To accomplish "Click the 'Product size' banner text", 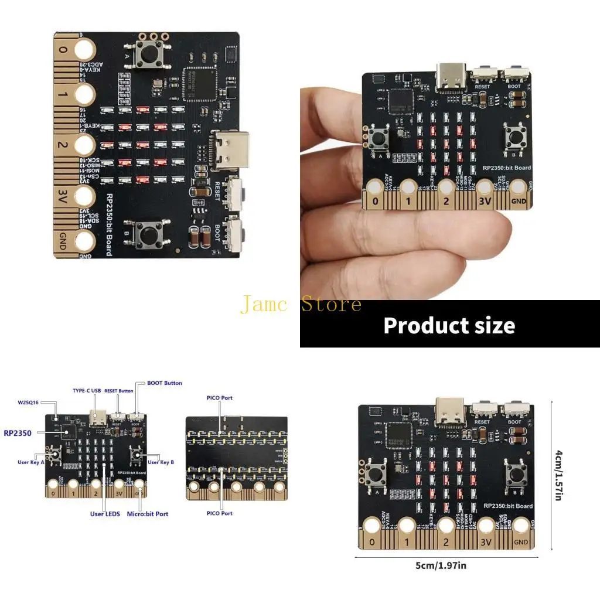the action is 449,325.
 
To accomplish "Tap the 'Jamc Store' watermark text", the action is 301,304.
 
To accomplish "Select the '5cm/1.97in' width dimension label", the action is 446,565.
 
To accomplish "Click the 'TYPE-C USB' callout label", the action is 87,390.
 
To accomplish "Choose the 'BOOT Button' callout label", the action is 164,383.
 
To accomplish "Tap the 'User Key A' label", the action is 31,462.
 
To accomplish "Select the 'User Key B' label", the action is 161,462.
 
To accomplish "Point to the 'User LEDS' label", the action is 104,514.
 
